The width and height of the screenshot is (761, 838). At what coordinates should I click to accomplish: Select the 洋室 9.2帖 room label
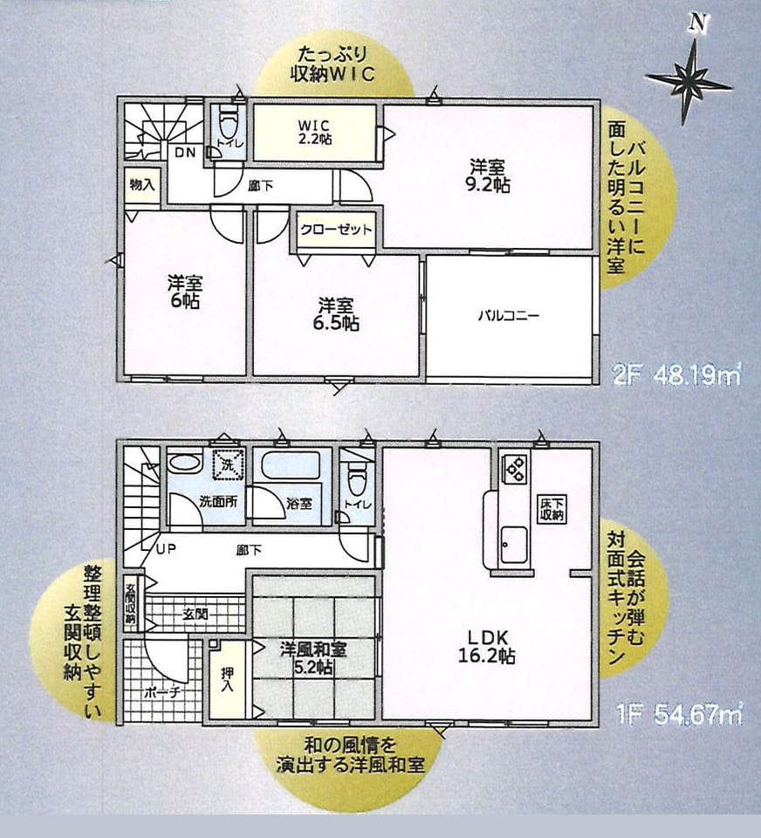coord(490,175)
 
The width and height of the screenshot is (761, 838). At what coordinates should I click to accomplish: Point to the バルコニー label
coord(508,315)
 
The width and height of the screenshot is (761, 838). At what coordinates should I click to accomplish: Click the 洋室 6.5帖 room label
coord(336,315)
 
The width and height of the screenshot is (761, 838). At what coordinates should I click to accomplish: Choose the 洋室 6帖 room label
coord(185,292)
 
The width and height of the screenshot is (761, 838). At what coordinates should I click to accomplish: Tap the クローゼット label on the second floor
coord(336,230)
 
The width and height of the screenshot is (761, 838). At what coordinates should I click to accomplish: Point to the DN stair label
coord(185,152)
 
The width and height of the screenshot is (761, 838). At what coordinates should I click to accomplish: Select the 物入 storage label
coord(142,185)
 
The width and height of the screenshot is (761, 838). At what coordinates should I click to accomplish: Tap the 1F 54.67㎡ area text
coord(679,715)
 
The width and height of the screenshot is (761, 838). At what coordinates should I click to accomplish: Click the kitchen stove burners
coord(515,465)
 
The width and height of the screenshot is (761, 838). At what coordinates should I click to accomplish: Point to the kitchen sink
coord(514,544)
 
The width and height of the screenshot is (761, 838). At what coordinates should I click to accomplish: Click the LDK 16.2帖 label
coord(487,647)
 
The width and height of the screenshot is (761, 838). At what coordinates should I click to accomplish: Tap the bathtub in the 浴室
coord(289,467)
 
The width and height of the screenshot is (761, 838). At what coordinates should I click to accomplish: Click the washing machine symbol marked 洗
coord(228,464)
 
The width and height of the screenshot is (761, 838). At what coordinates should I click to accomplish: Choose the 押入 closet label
coord(227,680)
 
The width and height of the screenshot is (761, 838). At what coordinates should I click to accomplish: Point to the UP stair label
coord(166,549)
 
